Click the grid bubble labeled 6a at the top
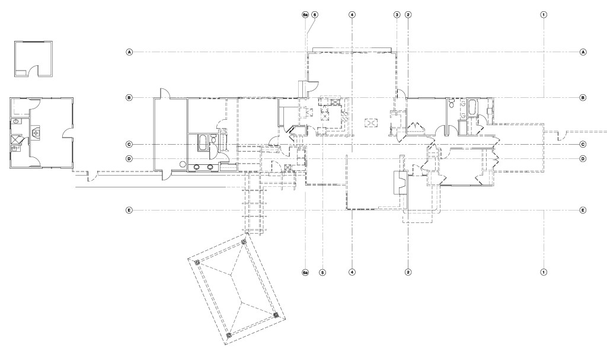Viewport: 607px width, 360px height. [x=305, y=15]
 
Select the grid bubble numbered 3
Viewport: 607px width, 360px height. [x=397, y=15]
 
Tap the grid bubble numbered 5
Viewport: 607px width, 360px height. [x=322, y=272]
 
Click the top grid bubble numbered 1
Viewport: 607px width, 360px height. [x=544, y=15]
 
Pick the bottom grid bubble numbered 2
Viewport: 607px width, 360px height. [x=408, y=272]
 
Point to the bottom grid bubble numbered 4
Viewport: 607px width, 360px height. [x=352, y=272]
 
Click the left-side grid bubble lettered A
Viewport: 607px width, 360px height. [x=129, y=52]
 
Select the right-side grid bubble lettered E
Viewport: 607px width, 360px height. [x=583, y=211]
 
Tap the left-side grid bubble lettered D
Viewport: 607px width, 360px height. [x=129, y=158]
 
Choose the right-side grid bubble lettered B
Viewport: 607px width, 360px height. [x=583, y=98]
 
